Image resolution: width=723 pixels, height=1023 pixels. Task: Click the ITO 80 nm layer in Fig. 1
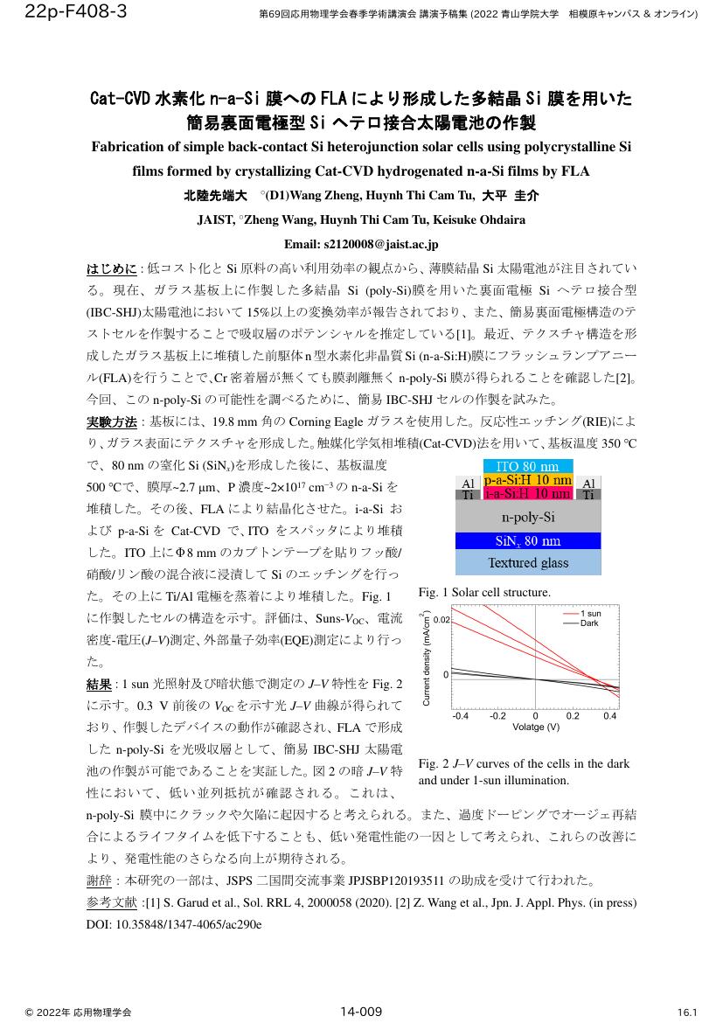tap(527, 466)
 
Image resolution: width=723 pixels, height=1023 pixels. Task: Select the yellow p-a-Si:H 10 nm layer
tap(527, 480)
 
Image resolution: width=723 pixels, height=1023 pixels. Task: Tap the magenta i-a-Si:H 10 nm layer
tap(527, 494)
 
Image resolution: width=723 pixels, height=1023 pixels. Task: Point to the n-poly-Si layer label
tap(527, 516)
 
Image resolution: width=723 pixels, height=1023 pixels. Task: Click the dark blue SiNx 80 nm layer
tap(527, 540)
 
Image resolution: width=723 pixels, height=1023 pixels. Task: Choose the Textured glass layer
tap(527, 562)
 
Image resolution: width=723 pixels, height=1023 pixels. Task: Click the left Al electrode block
tap(467, 483)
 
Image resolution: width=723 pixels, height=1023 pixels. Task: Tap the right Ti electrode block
tap(588, 495)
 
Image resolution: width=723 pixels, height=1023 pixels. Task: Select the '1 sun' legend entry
tap(591, 614)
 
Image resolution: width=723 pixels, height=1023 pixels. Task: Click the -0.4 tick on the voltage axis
tap(460, 715)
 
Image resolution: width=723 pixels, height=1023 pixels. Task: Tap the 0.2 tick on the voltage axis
tap(572, 715)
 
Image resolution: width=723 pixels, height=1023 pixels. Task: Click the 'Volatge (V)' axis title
tap(535, 727)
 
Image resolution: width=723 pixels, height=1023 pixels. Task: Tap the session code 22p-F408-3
tap(65, 11)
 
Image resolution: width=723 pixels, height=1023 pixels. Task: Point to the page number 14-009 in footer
tap(361, 1012)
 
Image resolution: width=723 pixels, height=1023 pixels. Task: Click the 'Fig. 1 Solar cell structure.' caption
tap(485, 593)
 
